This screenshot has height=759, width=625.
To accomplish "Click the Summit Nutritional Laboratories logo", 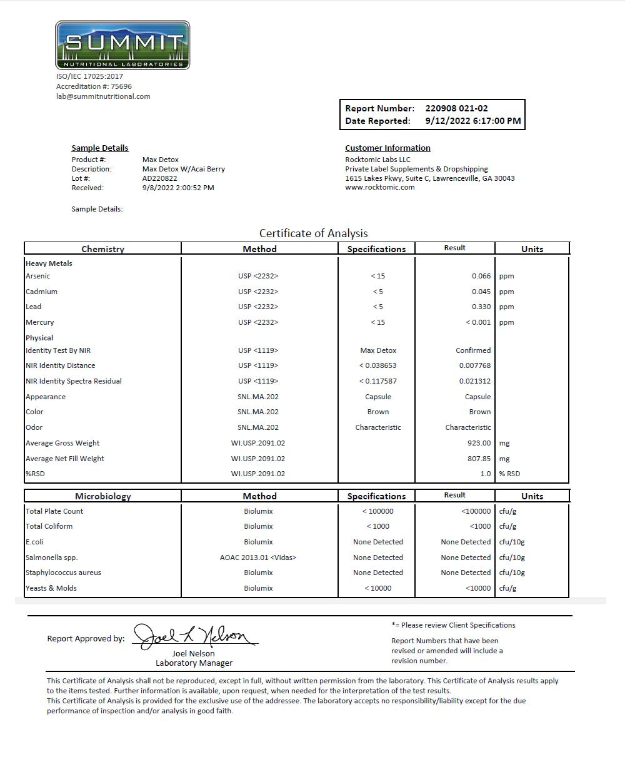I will (122, 45).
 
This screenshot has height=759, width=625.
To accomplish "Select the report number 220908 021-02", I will (456, 108).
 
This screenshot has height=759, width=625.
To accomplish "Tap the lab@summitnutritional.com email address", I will (103, 96).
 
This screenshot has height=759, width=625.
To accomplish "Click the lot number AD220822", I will (160, 178).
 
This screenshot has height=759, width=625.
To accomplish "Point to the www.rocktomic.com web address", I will (379, 187).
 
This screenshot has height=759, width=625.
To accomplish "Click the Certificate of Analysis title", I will (313, 233).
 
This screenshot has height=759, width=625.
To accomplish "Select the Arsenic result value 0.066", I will (481, 276).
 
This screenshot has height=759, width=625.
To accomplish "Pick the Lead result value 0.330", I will (481, 307).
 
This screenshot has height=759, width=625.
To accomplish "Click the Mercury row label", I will (40, 322).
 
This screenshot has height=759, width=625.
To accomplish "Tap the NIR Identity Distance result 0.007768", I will (474, 365).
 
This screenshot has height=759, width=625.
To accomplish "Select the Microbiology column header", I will (103, 496).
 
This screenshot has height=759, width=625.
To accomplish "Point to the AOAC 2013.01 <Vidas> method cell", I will (258, 558).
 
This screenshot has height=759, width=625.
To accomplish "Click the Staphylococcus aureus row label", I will (63, 573).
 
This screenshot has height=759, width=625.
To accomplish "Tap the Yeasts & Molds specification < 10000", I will (377, 588).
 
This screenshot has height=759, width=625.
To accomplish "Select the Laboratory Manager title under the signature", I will (194, 663).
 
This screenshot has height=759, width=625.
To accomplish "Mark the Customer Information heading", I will (387, 148).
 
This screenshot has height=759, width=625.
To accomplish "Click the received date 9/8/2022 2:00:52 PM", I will (178, 188).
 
